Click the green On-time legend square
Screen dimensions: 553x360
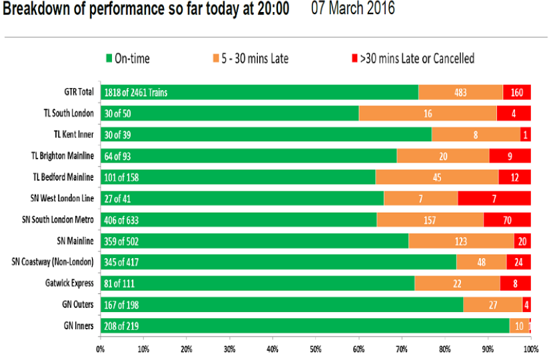pyautogui.click(x=109, y=58)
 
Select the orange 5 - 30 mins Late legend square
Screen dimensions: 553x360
pyautogui.click(x=216, y=58)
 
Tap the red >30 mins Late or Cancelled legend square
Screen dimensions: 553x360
pyautogui.click(x=354, y=58)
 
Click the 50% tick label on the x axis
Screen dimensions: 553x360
pyautogui.click(x=316, y=349)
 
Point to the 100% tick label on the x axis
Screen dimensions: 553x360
pyautogui.click(x=531, y=349)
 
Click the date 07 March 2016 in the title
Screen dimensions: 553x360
pyautogui.click(x=353, y=8)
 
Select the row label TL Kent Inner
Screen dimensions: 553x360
pyautogui.click(x=74, y=135)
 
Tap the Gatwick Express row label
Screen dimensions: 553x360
pyautogui.click(x=69, y=283)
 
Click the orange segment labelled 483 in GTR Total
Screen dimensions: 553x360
pyautogui.click(x=460, y=93)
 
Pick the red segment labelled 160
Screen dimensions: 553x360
pyautogui.click(x=516, y=93)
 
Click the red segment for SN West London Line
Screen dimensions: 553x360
pyautogui.click(x=494, y=199)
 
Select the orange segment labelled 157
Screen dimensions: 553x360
pyautogui.click(x=430, y=220)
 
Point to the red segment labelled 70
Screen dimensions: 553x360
pyautogui.click(x=507, y=220)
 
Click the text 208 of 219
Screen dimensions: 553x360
pyautogui.click(x=121, y=326)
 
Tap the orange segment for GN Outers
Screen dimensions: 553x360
pyautogui.click(x=492, y=305)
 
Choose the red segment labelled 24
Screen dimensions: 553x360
pyautogui.click(x=518, y=262)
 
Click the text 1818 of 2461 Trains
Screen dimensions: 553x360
pyautogui.click(x=136, y=93)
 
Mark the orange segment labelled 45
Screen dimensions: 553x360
pyautogui.click(x=437, y=177)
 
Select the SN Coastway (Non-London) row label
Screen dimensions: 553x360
pyautogui.click(x=53, y=262)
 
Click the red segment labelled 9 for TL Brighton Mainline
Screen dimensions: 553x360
pyautogui.click(x=510, y=156)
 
